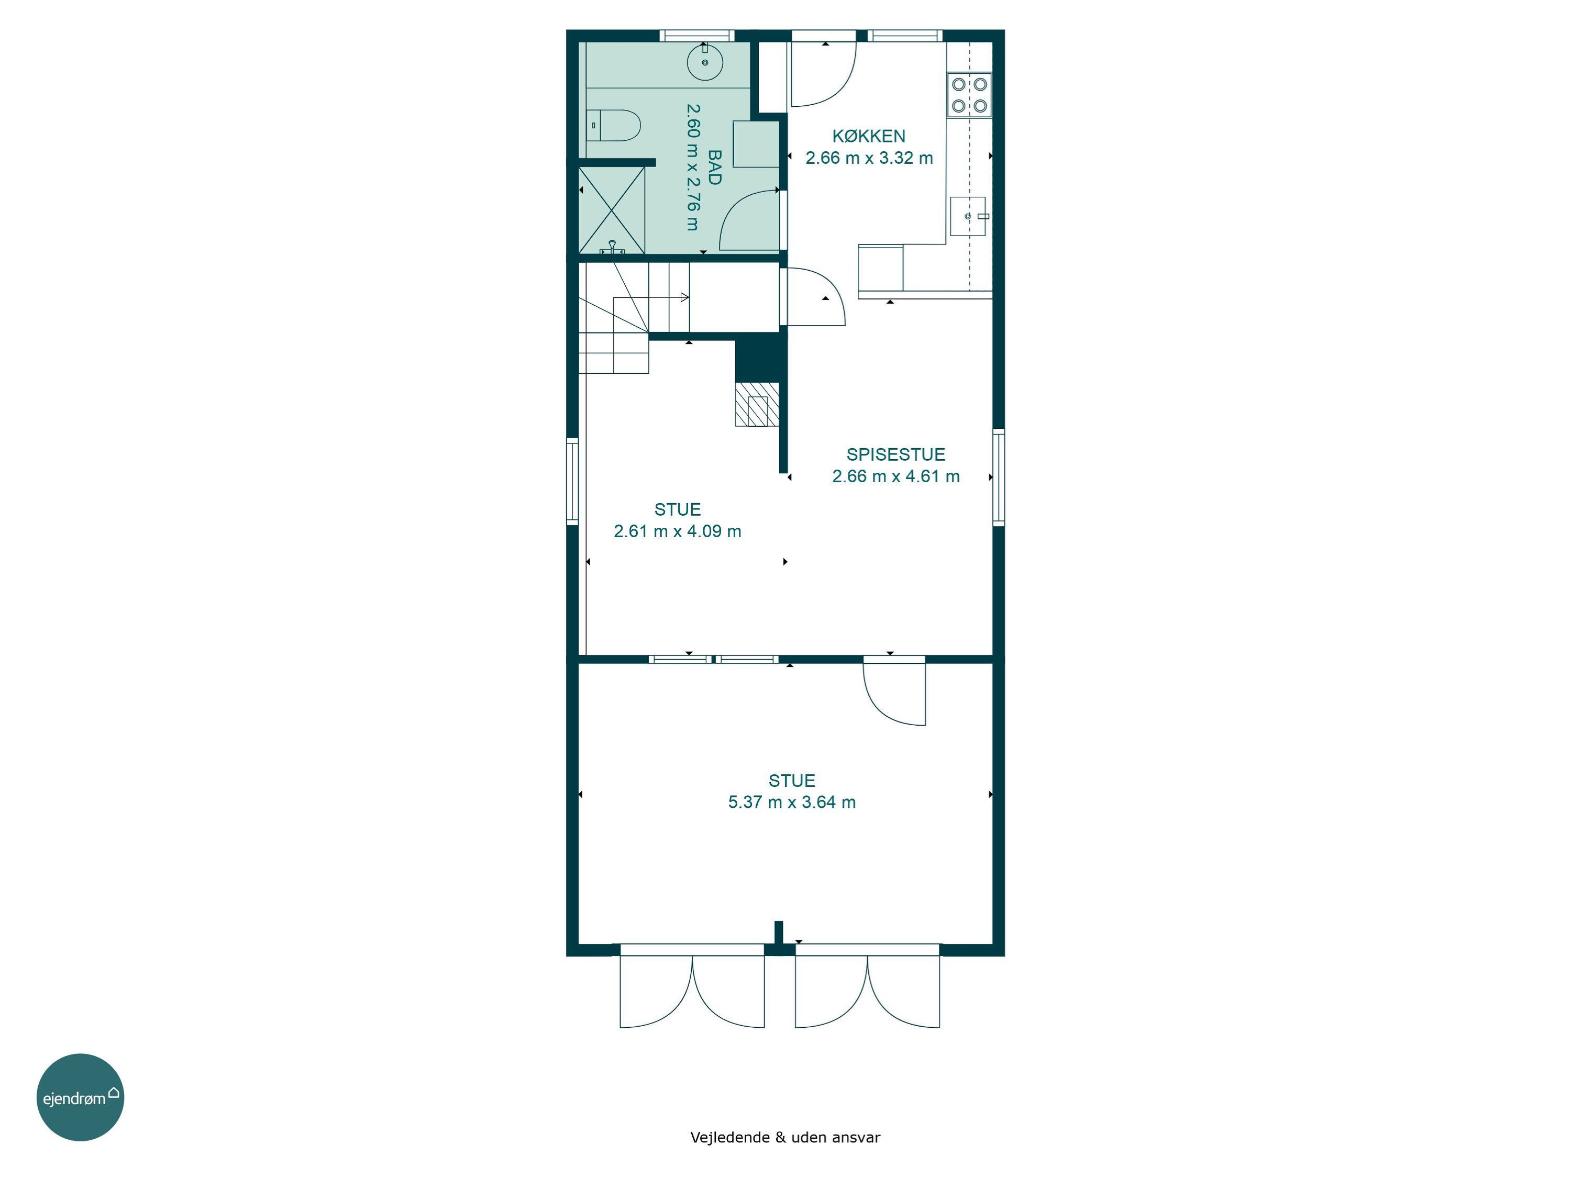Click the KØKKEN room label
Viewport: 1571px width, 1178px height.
869,136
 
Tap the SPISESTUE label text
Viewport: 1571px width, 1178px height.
895,454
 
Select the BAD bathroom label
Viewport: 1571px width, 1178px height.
714,168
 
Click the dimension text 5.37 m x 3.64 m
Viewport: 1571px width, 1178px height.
792,803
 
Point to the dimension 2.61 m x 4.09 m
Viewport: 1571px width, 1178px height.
678,531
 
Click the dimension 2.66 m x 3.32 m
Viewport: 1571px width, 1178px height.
869,158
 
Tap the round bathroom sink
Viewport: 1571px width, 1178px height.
705,62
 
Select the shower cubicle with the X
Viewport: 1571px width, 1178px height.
612,210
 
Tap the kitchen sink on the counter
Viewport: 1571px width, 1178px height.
968,216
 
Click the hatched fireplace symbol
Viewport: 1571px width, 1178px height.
757,405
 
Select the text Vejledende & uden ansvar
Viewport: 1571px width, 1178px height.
785,1138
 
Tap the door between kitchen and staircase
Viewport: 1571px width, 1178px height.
813,297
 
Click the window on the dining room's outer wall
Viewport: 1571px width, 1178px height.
999,477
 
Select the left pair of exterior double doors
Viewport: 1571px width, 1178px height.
692,986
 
